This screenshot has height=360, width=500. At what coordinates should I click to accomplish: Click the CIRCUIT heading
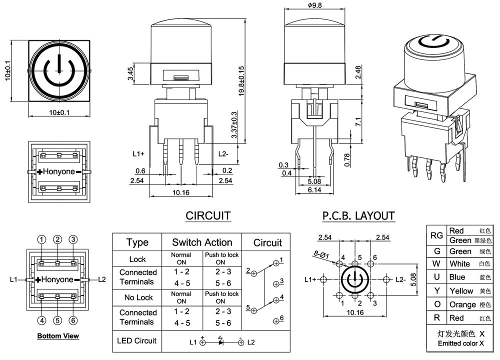[x=208, y=216]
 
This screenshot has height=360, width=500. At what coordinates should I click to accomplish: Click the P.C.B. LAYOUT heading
[x=358, y=216]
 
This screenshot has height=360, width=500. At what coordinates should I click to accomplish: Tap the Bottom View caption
[x=58, y=336]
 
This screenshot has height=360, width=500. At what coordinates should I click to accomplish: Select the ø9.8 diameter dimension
[x=314, y=5]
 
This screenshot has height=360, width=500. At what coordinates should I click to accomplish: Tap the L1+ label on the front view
[x=138, y=154]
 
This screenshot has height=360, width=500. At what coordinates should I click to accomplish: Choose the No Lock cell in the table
[x=137, y=297]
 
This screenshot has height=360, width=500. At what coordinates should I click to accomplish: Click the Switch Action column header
[x=202, y=243]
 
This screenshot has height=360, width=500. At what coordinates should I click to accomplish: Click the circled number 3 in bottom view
[x=73, y=239]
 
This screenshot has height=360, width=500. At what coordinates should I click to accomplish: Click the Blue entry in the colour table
[x=457, y=277]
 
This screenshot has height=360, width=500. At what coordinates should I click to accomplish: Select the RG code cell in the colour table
[x=436, y=235]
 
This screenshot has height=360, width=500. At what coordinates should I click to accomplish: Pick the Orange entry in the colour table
[x=462, y=304]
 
